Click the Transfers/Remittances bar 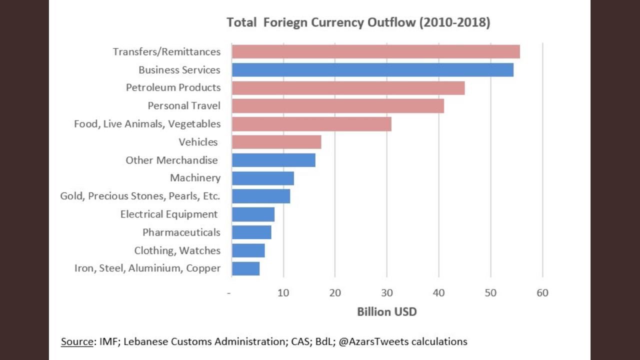point(375,51)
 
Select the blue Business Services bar point(372,69)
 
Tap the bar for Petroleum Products point(348,87)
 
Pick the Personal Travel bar point(337,106)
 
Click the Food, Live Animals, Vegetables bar point(311,124)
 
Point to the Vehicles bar point(276,142)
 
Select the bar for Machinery point(262,178)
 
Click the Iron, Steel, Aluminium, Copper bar point(245,268)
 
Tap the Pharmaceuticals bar point(251,232)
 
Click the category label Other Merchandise point(171,160)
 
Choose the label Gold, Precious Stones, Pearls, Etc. point(140,196)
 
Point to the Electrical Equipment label point(169,214)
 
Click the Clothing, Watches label point(177,250)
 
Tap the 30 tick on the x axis point(386,293)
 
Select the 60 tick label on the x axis point(542,293)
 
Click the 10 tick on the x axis point(283,293)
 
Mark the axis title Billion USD point(386,311)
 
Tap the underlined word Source point(77,342)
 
